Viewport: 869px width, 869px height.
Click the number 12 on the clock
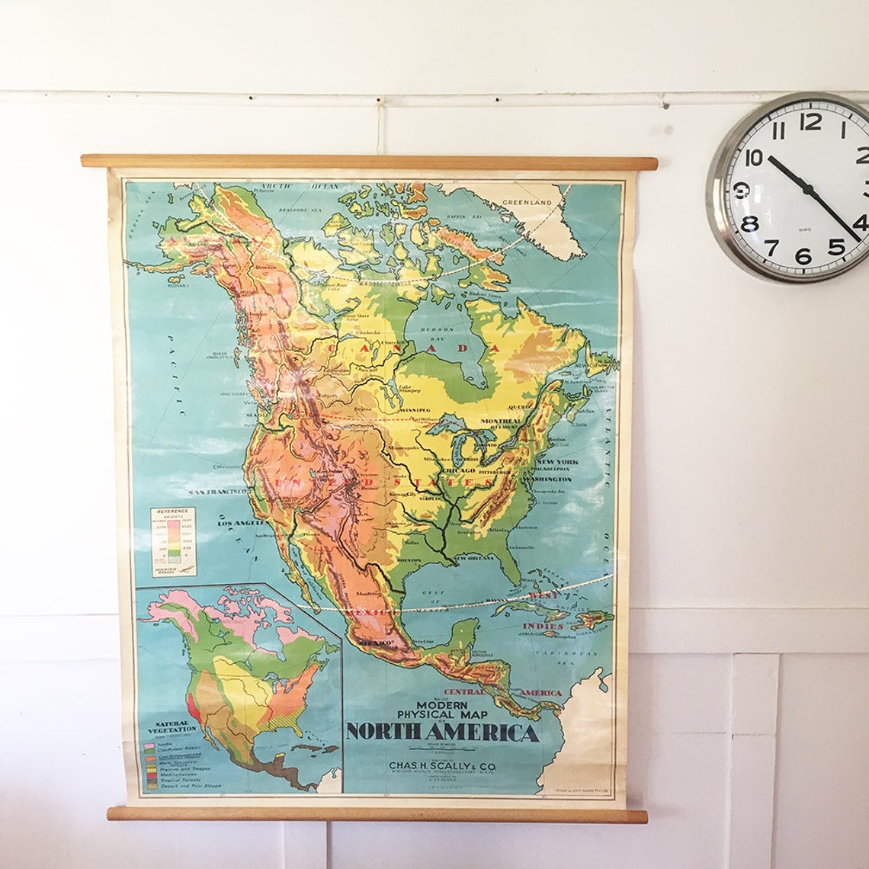(810, 121)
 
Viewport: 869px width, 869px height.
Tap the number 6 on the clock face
(803, 256)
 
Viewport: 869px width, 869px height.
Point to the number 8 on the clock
(750, 223)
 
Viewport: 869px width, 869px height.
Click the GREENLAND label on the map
(526, 204)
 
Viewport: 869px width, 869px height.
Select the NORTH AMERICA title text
(441, 733)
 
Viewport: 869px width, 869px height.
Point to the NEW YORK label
(557, 463)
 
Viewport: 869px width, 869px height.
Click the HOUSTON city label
(409, 560)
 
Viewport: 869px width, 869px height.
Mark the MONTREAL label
(501, 421)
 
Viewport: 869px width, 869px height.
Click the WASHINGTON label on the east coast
(547, 479)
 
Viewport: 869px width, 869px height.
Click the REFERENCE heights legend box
(173, 542)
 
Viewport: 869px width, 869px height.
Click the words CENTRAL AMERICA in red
(496, 693)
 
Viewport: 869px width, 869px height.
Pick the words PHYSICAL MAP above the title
(441, 715)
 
